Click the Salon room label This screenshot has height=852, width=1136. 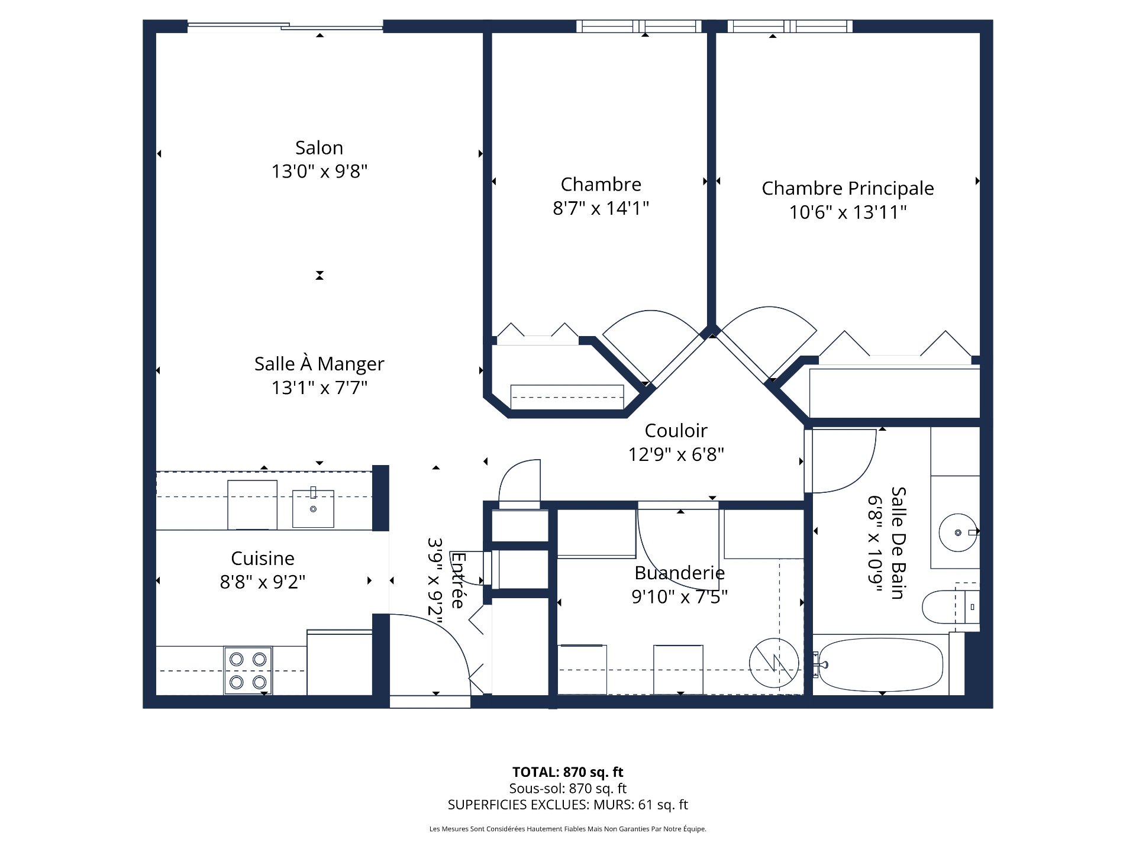point(319,147)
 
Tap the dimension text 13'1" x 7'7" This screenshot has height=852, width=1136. point(319,388)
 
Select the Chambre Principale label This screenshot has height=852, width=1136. point(847,188)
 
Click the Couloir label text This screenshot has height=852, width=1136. point(676,430)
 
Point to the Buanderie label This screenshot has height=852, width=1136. point(679,573)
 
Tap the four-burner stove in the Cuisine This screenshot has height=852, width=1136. point(248,670)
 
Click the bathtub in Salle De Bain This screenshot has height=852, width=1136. point(880,664)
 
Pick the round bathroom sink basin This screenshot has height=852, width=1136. point(957,532)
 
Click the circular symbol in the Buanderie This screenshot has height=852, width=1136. point(773,663)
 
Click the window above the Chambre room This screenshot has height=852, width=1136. point(638,26)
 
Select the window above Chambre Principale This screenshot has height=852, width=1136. point(790,26)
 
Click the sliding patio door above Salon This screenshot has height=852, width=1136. point(285,25)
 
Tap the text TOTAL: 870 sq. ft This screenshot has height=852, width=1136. point(567,772)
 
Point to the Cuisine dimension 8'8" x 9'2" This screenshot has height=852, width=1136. point(262,582)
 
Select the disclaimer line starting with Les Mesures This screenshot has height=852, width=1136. point(567,829)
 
